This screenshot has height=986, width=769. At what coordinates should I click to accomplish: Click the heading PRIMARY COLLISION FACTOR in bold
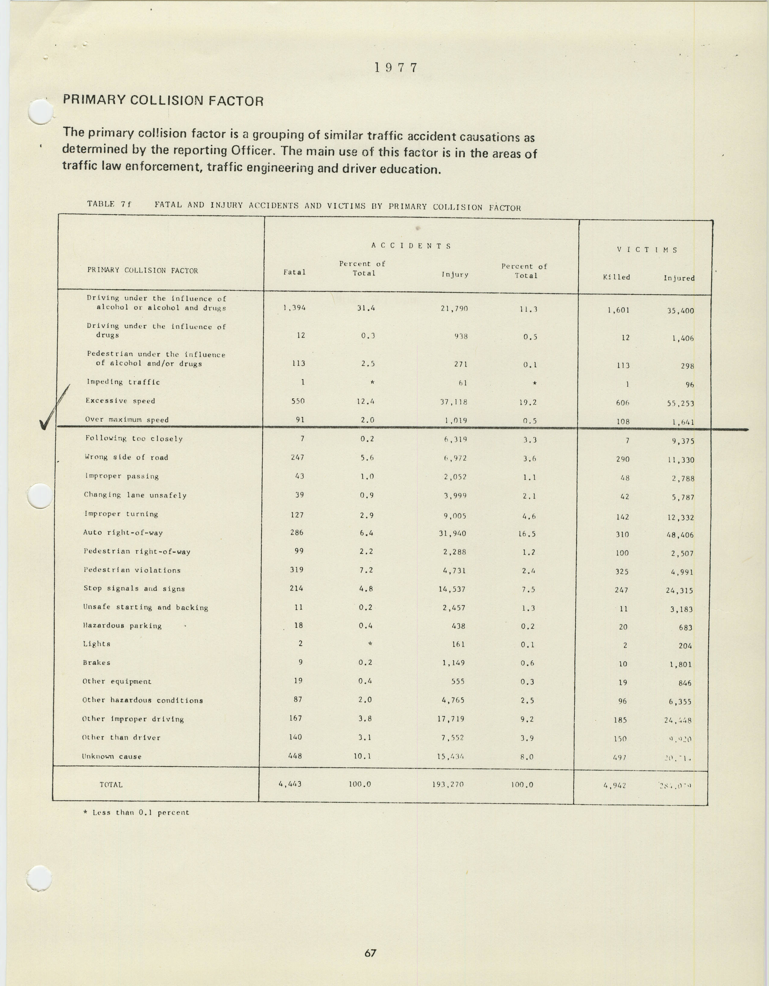[163, 100]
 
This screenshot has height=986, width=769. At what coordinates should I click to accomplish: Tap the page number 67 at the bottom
[370, 953]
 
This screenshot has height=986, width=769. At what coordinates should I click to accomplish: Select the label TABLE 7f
[109, 204]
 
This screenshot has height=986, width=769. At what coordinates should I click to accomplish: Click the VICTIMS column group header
[647, 250]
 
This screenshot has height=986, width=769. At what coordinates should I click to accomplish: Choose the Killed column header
[616, 277]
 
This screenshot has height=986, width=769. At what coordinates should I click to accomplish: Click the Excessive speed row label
[120, 401]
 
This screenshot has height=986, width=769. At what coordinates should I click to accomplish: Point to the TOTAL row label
[111, 785]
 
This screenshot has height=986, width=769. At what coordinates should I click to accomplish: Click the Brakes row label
[97, 663]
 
